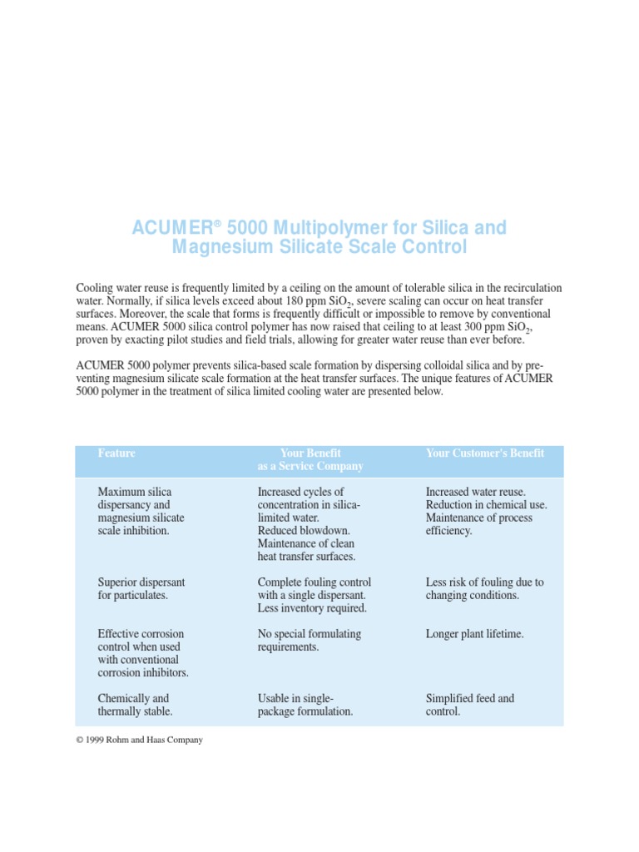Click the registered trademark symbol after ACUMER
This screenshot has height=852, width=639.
click(217, 224)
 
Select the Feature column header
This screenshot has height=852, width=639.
click(116, 453)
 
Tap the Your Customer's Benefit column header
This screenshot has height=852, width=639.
click(485, 453)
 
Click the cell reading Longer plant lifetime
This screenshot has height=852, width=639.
click(475, 634)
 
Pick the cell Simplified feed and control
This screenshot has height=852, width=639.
click(469, 705)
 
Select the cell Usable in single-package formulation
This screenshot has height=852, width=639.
click(305, 705)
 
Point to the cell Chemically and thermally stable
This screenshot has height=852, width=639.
click(135, 705)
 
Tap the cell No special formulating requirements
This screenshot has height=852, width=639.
click(309, 640)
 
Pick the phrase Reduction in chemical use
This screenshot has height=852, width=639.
click(486, 505)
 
